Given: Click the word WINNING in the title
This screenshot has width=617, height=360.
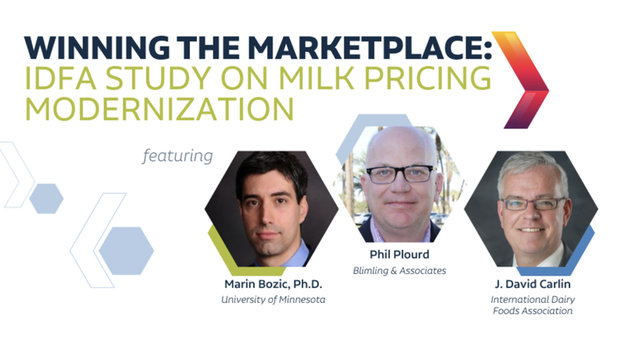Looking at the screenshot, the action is pos(97,48).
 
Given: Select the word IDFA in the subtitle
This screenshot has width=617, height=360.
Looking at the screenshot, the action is pos(61,78).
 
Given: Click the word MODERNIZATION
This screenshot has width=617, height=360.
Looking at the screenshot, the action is pos(159,108).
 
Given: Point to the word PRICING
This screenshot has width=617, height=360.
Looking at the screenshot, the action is pos(428,78).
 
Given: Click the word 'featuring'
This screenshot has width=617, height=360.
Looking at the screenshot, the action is pos(178,156).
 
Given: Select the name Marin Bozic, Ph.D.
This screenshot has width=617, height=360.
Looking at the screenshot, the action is pos(273,284).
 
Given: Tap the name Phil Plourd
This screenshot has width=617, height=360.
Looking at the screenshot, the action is pos(399,254).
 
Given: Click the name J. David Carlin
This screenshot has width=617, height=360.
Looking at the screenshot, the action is pos(533,284).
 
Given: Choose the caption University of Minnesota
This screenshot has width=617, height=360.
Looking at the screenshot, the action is pos(273,299).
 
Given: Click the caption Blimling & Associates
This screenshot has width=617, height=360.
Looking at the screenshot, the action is pos(399,271).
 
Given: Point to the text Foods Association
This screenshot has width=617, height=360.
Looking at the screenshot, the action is pos(533,311).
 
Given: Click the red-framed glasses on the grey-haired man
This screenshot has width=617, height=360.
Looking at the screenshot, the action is pos(533,204).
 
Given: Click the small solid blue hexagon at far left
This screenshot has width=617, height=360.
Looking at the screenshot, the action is pos(46,199).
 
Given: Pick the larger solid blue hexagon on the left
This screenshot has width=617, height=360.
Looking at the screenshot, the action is pos(126,251).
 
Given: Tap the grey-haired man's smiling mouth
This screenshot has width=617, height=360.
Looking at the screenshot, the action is pos(531,230).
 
